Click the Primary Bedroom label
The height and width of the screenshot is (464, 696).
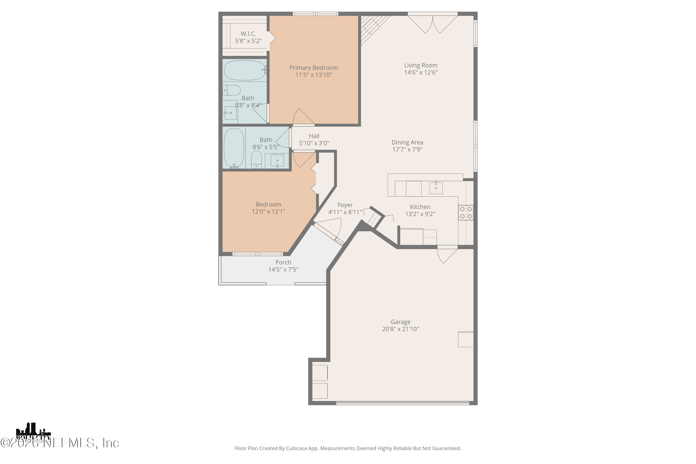pyautogui.click(x=313, y=68)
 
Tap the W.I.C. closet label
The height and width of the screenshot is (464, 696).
pyautogui.click(x=248, y=34)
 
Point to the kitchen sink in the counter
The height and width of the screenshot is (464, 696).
pyautogui.click(x=436, y=188)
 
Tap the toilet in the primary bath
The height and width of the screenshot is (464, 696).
pyautogui.click(x=232, y=90)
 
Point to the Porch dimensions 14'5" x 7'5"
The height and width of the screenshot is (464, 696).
pyautogui.click(x=283, y=270)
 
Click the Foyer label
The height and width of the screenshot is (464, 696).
pyautogui.click(x=345, y=205)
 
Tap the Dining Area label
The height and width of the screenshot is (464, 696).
pyautogui.click(x=407, y=142)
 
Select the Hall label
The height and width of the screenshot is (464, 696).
pyautogui.click(x=314, y=136)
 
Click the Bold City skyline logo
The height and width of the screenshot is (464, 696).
pyautogui.click(x=33, y=433)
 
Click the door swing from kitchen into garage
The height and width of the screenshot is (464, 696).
pyautogui.click(x=447, y=255)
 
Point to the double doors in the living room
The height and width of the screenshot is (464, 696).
pyautogui.click(x=433, y=24)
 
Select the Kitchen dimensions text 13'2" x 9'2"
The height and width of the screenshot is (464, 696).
pyautogui.click(x=420, y=214)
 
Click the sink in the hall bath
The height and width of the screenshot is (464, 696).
pyautogui.click(x=277, y=161)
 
